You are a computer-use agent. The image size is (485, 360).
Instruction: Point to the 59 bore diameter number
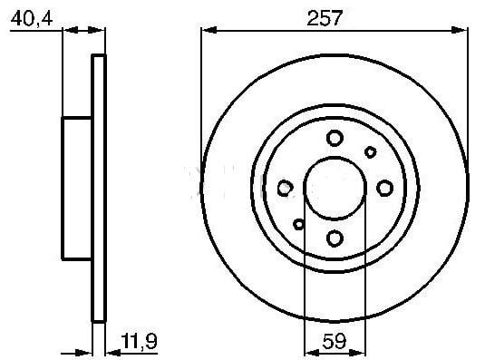pos(335,342)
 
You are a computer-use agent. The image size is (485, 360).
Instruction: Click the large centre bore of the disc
pos(335,187)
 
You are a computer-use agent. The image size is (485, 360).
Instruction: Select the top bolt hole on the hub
pos(335,138)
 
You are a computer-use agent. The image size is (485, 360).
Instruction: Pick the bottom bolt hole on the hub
pos(335,238)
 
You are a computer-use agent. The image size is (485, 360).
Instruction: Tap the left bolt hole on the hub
pos(285,188)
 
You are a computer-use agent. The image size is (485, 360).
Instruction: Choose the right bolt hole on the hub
pos(384,188)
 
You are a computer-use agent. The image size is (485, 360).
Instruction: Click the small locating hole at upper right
pos(370,151)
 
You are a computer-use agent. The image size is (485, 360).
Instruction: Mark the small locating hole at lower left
pos(299,223)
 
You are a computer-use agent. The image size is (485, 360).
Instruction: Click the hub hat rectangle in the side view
pos(77,187)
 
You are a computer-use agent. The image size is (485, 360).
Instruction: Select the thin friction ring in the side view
pos(100,187)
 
